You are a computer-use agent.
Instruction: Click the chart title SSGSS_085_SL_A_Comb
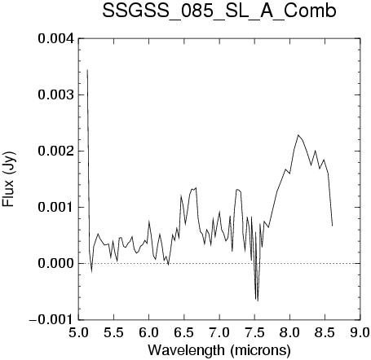pos(219,11)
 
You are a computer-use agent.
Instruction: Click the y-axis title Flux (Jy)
pos(8,179)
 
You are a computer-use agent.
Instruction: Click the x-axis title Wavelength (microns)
pos(219,350)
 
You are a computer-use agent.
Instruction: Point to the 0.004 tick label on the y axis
pos(56,38)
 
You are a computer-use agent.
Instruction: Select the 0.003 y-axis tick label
pos(56,94)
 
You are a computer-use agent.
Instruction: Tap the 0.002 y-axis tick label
pos(56,151)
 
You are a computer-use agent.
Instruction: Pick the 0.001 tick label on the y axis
pos(56,207)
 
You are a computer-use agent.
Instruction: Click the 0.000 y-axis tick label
pos(56,263)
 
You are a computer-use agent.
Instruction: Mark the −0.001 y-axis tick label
pos(52,319)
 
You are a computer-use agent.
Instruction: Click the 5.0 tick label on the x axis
pos(78,332)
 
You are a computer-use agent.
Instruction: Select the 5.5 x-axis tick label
pos(113,332)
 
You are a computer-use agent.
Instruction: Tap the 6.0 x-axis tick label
pos(148,332)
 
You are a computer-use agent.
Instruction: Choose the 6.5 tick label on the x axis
pos(184,332)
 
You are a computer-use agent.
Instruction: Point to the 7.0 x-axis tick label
pos(219,332)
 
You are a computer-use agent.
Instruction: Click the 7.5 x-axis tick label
pos(254,332)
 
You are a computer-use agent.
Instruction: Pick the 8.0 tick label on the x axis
pos(289,332)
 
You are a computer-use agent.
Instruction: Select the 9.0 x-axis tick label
pos(360,332)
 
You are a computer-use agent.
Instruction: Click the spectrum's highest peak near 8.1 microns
pos(298,135)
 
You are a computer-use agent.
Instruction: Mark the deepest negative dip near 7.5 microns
pos(258,301)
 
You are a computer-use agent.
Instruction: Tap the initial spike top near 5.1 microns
pos(87,70)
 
